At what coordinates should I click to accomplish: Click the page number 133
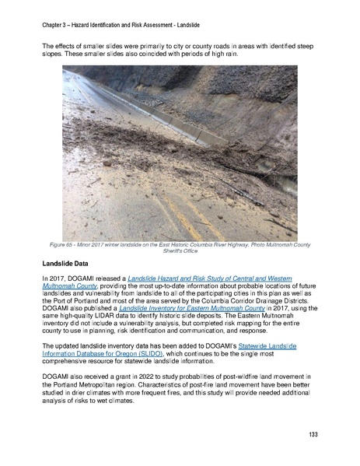[313, 433]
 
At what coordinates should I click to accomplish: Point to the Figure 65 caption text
[180, 246]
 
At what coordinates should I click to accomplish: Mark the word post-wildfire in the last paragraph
[275, 387]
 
